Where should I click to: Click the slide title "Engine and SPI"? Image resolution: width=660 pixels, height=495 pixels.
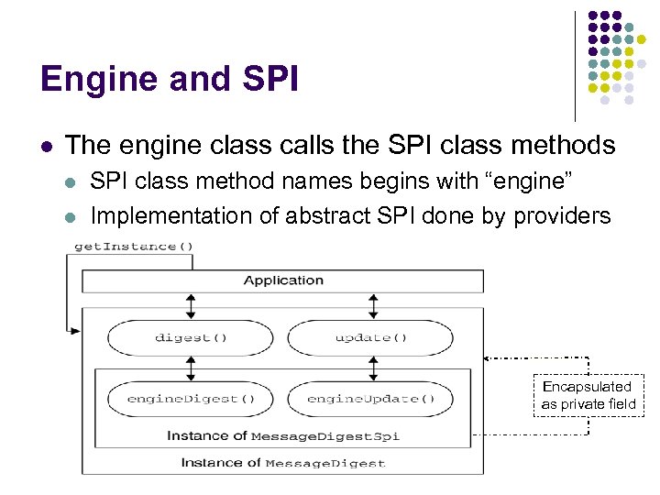[170, 79]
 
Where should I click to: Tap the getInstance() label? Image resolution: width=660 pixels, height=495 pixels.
[134, 246]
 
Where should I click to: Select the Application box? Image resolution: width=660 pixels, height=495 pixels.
[283, 280]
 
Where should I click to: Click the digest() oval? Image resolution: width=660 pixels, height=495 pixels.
[191, 337]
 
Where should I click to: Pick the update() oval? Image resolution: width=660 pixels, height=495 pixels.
[370, 337]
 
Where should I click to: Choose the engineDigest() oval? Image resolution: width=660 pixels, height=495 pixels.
[191, 400]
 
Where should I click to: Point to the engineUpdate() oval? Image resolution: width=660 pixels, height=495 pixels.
[370, 400]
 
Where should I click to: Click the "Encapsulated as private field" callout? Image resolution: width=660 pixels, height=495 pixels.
[588, 395]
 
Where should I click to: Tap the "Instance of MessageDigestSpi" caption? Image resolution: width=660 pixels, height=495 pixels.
[282, 435]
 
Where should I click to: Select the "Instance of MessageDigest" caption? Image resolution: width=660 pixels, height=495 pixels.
[282, 462]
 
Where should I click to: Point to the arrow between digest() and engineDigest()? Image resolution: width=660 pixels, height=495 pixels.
[191, 368]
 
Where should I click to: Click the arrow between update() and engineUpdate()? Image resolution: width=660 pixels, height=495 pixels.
[370, 368]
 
